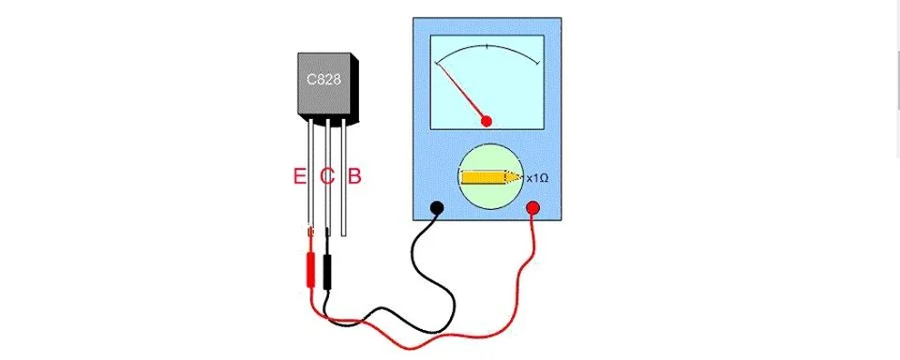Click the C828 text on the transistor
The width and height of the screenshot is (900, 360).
pyautogui.click(x=324, y=81)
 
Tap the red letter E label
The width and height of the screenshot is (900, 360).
pyautogui.click(x=299, y=175)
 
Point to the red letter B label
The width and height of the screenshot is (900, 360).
pyautogui.click(x=354, y=175)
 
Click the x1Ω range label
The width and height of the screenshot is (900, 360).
pyautogui.click(x=537, y=177)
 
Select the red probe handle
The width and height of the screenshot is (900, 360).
pyautogui.click(x=307, y=267)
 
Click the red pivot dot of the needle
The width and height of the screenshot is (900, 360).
pyautogui.click(x=487, y=120)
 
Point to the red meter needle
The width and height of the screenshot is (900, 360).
pyautogui.click(x=461, y=91)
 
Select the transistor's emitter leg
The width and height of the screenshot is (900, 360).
pyautogui.click(x=308, y=178)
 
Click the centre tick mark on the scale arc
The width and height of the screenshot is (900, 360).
pyautogui.click(x=487, y=45)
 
